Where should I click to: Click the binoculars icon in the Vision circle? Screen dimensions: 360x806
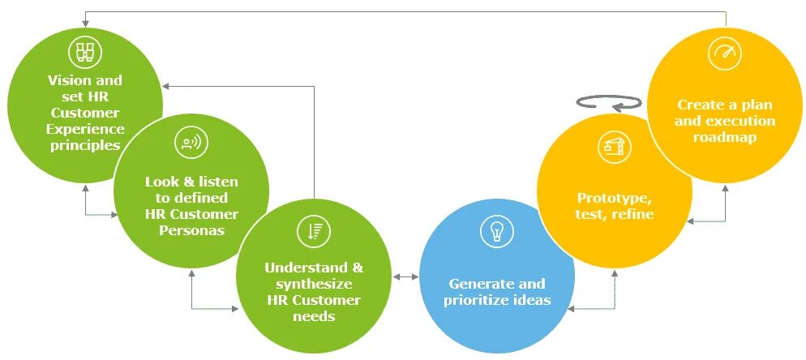click(84, 53)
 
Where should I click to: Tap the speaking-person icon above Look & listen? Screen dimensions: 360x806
click(191, 144)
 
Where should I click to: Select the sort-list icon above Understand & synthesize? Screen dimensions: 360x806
click(313, 230)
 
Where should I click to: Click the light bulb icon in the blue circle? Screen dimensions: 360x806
click(496, 232)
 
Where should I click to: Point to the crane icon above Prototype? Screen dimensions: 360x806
click(615, 148)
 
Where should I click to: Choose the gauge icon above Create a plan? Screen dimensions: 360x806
click(725, 54)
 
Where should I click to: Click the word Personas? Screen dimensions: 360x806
click(192, 230)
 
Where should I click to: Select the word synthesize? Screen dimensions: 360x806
click(313, 284)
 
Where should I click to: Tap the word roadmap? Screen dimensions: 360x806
click(725, 137)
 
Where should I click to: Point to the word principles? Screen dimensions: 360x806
click(84, 146)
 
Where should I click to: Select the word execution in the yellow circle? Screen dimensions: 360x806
click(740, 121)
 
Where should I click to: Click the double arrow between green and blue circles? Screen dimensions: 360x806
click(405, 277)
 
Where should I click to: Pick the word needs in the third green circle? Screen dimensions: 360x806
click(313, 316)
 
